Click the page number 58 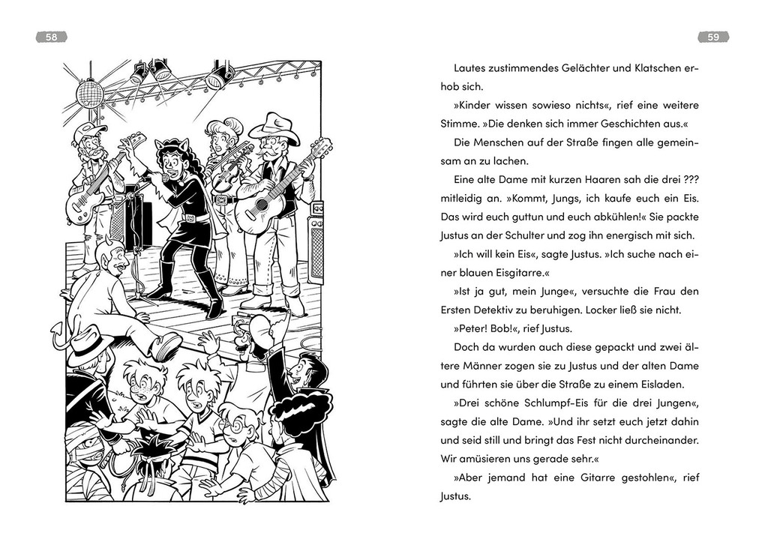tap(51, 37)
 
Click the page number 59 tap(713, 37)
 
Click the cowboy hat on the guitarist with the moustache tap(274, 127)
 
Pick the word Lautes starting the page tap(473, 68)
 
